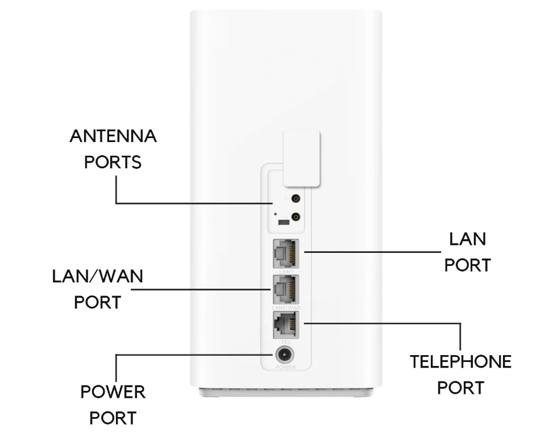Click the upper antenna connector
click(295, 199)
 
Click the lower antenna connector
click(295, 216)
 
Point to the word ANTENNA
click(113, 137)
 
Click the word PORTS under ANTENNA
click(113, 162)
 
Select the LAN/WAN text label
click(98, 277)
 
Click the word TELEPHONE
click(461, 362)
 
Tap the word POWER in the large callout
click(113, 392)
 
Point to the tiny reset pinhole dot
click(275, 214)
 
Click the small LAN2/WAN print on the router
click(286, 307)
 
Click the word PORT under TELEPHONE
click(460, 388)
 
